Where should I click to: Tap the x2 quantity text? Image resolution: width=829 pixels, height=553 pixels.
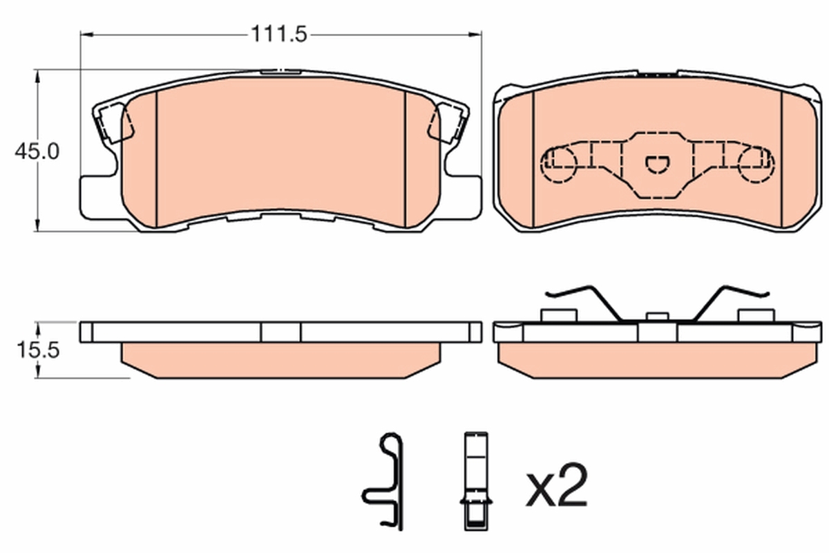(x=557, y=487)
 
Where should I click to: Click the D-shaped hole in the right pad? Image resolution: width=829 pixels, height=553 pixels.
(x=657, y=163)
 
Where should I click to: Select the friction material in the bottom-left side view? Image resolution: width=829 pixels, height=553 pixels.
(x=280, y=359)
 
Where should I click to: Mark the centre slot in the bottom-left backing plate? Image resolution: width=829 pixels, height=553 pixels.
(x=280, y=332)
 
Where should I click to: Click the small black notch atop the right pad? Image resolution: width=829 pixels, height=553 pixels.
(x=657, y=72)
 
